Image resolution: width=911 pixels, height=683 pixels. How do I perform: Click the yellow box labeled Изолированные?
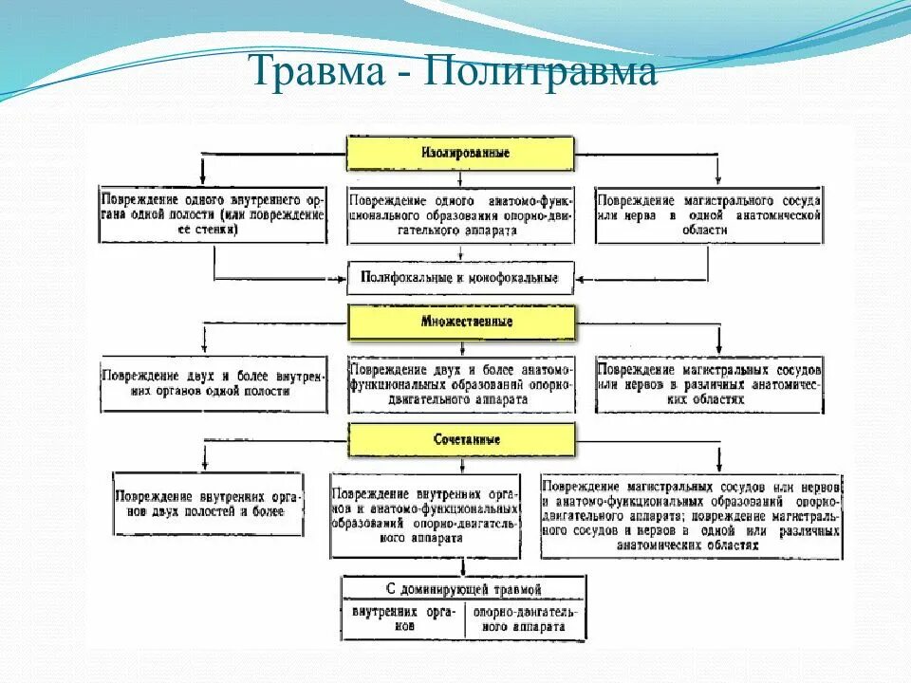tap(460, 153)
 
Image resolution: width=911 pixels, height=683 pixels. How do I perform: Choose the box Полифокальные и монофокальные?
tap(460, 279)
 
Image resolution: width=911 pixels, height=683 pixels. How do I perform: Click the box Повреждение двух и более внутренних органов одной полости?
tap(213, 383)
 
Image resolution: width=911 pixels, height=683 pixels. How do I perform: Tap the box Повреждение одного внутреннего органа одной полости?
tap(213, 215)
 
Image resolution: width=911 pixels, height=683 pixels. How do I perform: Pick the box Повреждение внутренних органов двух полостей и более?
tap(209, 505)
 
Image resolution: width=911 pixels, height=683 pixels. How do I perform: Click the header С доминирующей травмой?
tap(463, 589)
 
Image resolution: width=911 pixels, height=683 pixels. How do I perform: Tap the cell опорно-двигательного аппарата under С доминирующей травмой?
tap(524, 619)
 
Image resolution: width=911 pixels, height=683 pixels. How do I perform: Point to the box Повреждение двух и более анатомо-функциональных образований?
tap(460, 383)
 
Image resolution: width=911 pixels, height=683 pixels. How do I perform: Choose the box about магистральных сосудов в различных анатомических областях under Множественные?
tap(708, 383)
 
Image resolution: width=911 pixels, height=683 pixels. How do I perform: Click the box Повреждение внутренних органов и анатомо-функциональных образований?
tap(424, 515)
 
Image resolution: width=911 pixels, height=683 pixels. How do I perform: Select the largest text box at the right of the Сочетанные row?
tap(690, 515)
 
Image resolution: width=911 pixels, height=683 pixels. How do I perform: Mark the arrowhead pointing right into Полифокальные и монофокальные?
tap(343, 279)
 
